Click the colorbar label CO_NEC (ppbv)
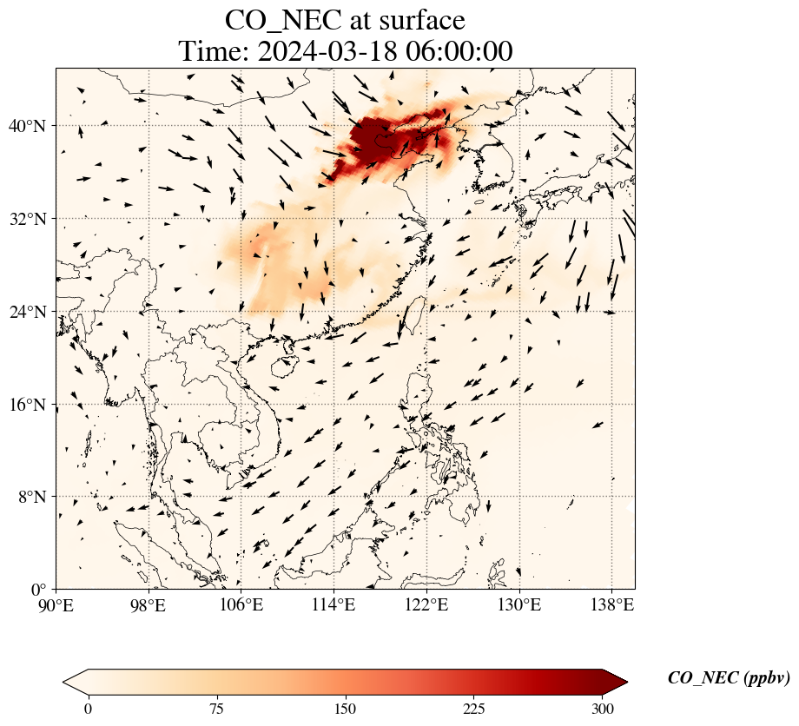click(x=729, y=678)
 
